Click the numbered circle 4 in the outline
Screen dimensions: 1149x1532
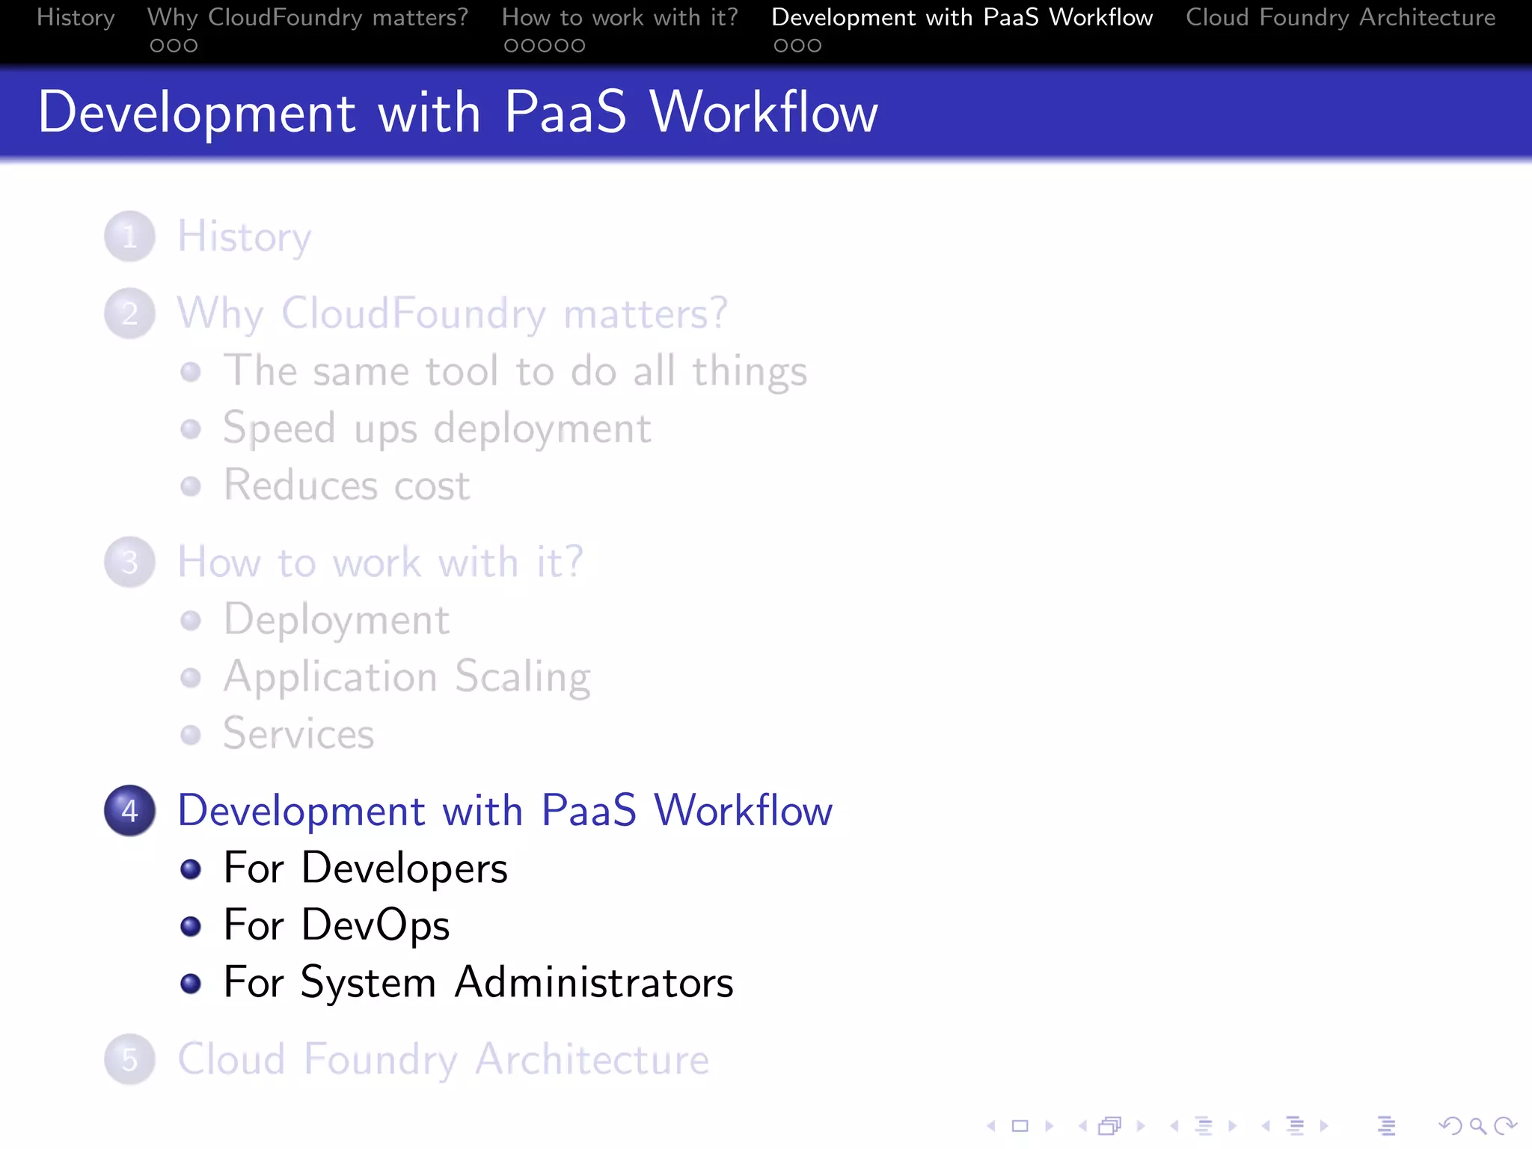(129, 811)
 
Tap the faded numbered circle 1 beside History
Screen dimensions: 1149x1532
(129, 236)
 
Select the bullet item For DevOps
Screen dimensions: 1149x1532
(337, 925)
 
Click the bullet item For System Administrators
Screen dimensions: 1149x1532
(478, 982)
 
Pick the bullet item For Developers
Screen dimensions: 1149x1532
(365, 868)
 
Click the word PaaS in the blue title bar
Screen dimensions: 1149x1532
(565, 112)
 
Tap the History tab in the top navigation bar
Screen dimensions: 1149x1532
(76, 17)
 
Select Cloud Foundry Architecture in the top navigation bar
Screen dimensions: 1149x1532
(1340, 17)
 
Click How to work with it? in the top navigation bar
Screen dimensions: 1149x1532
(619, 17)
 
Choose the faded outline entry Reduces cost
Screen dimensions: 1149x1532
(346, 485)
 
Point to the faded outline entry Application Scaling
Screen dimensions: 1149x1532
(407, 677)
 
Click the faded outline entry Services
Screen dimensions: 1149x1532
(298, 734)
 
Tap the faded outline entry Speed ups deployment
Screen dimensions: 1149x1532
(437, 429)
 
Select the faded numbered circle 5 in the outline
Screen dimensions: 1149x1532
(129, 1059)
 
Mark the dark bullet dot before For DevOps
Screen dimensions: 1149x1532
(191, 927)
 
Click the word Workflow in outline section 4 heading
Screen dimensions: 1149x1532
(743, 811)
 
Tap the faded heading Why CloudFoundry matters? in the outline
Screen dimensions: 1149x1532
(452, 313)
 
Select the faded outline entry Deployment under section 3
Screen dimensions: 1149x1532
(337, 620)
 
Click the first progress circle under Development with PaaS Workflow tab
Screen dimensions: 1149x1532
(780, 46)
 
